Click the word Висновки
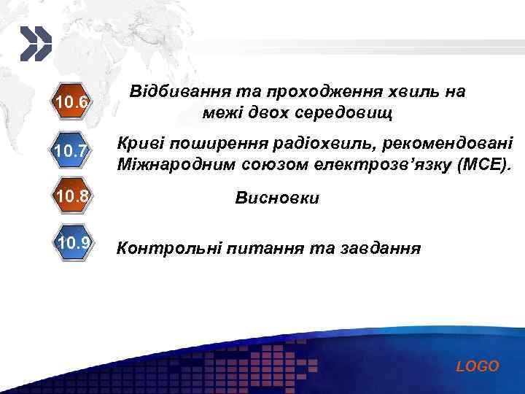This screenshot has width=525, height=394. [276, 198]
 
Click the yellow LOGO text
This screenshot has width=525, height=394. [478, 366]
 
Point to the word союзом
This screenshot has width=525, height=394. [266, 166]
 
